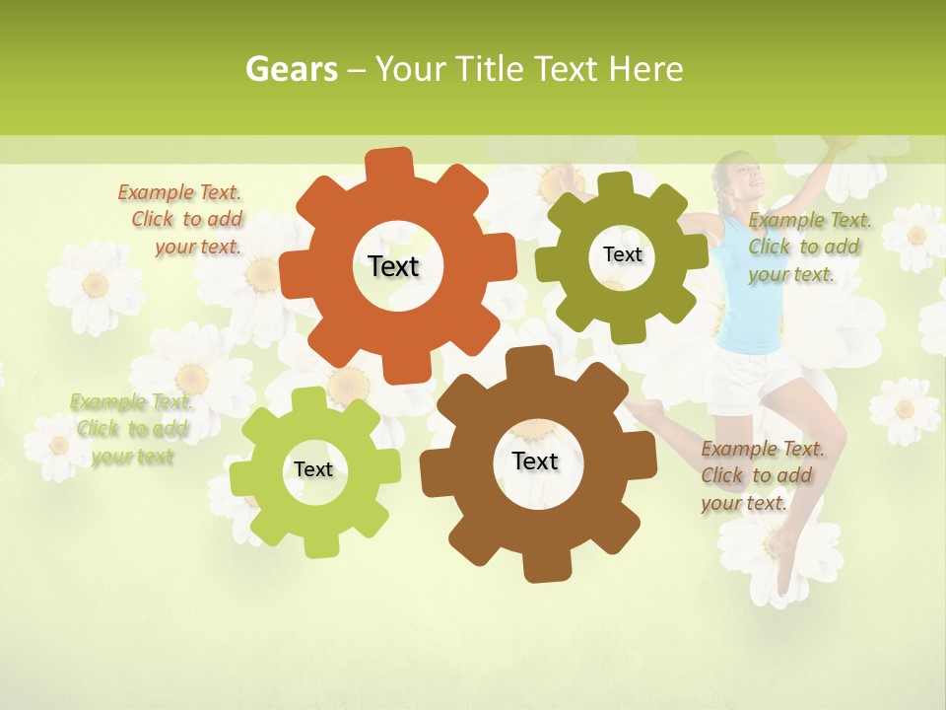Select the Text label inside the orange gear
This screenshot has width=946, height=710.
click(x=393, y=266)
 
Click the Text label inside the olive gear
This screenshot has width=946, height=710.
click(x=622, y=254)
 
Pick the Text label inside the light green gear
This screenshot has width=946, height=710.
click(x=313, y=469)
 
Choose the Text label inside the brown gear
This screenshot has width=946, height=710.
click(x=534, y=461)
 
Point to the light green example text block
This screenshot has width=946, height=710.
click(x=131, y=429)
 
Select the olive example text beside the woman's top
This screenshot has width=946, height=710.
click(x=808, y=247)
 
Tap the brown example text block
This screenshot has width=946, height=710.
click(x=761, y=475)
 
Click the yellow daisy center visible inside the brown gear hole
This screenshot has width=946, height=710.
click(x=534, y=431)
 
